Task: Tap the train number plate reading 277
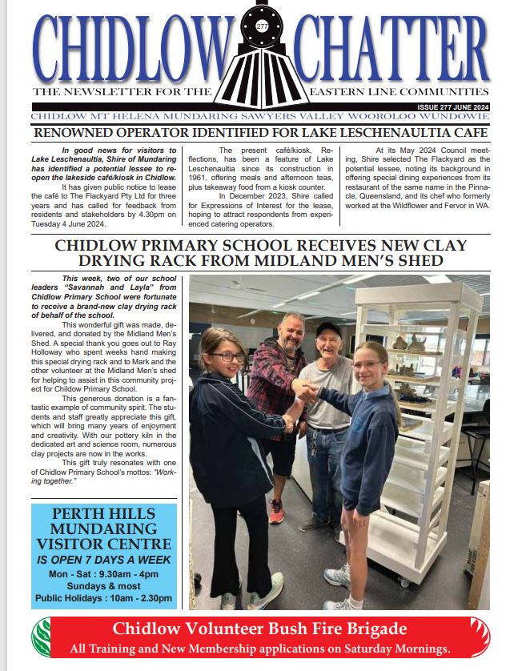[x=262, y=27]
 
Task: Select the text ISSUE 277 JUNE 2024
[x=453, y=106]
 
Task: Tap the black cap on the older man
[x=328, y=328]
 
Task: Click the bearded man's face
[x=291, y=330]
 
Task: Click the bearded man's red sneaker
[x=276, y=512]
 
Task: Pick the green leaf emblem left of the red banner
[x=41, y=636]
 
